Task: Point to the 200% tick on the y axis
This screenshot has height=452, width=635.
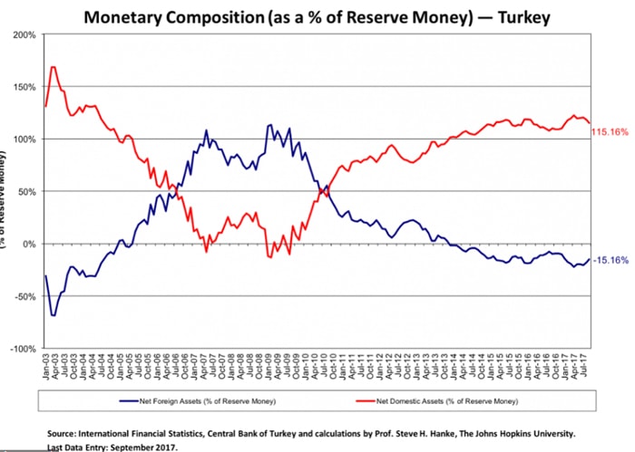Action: click(24, 35)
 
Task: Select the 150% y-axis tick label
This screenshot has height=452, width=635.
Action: click(24, 87)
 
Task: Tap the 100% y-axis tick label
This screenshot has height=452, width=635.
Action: click(24, 139)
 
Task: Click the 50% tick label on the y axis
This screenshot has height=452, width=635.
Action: click(26, 192)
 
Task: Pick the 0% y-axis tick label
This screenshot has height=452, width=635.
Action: click(29, 245)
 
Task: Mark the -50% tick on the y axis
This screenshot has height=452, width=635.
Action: click(24, 296)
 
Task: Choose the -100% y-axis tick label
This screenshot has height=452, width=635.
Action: click(23, 349)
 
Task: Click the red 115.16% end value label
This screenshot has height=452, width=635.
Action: click(610, 132)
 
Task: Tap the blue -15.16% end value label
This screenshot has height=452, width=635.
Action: click(610, 261)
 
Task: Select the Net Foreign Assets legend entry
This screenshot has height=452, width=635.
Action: click(196, 399)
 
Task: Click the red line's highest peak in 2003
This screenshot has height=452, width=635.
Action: click(54, 66)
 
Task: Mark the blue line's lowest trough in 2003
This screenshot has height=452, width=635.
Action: click(54, 314)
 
